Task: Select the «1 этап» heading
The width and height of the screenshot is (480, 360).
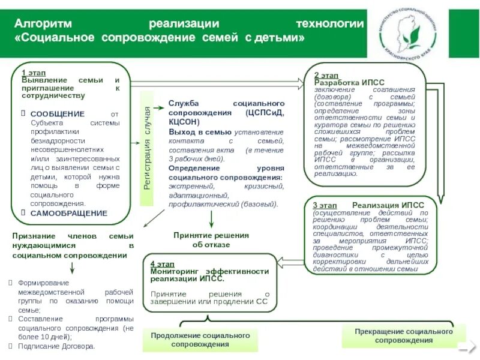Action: pos(34,73)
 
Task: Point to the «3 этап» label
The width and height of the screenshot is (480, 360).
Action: pos(324,205)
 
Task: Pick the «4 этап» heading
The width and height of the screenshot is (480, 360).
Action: pos(162,264)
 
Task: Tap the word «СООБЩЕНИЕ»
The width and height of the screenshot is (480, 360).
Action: pos(58,114)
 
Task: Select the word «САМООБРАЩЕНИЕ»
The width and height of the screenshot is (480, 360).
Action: pos(69,213)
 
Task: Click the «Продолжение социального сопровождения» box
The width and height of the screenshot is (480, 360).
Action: pos(200,340)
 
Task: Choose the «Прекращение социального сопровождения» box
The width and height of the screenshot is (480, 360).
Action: pos(403,336)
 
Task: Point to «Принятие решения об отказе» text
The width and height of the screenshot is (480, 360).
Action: pos(211,240)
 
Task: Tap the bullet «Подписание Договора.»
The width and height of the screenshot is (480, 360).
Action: pos(56,346)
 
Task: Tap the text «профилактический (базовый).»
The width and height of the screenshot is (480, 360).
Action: pos(223,204)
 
